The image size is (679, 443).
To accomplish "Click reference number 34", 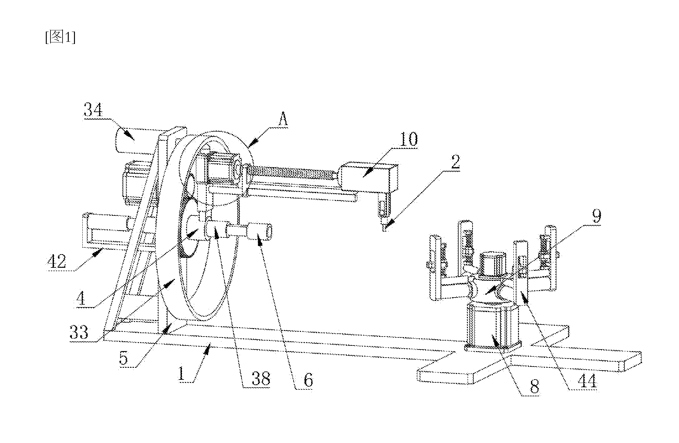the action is (x=93, y=110).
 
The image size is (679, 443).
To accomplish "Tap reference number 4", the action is (x=81, y=298).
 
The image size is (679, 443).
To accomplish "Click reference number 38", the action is (x=261, y=378).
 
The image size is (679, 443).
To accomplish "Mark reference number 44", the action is (x=587, y=382).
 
